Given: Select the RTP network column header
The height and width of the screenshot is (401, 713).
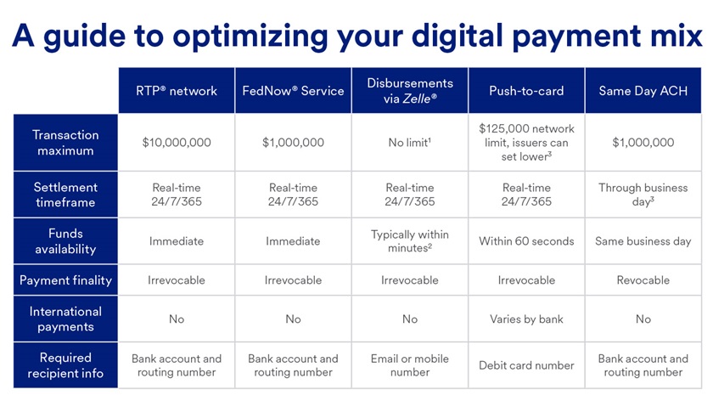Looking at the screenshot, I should (x=177, y=91).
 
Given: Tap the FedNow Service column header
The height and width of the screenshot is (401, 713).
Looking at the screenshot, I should (x=293, y=91).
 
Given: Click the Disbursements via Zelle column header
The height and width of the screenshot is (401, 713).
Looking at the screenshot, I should (x=410, y=91).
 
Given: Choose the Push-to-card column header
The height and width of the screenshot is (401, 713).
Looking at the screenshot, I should (x=526, y=91).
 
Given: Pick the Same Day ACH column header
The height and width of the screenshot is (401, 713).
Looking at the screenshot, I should (x=643, y=91).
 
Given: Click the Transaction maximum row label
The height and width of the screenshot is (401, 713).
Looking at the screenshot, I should (x=65, y=143).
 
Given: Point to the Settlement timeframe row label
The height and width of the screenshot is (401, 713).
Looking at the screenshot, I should (x=65, y=195).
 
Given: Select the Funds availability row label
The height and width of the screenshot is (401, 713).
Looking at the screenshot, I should (x=65, y=241).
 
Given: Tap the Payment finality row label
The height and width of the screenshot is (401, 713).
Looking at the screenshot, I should (x=65, y=280).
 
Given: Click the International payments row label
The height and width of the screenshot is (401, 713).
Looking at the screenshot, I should (x=65, y=319).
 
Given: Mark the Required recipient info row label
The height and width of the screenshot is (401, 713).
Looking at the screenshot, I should (x=65, y=365).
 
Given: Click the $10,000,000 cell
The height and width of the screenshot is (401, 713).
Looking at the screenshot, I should (x=177, y=143).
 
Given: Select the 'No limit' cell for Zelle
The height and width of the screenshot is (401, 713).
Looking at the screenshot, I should (x=410, y=143).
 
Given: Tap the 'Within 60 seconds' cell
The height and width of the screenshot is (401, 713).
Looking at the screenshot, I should (x=526, y=241).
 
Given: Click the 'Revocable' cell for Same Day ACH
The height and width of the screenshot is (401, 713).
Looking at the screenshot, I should (x=643, y=280).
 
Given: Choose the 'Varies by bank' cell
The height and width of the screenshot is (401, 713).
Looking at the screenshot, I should (x=526, y=319).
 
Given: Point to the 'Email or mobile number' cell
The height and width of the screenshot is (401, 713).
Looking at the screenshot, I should (x=410, y=365).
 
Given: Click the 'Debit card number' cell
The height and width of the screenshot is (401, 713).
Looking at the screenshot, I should (x=526, y=365).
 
